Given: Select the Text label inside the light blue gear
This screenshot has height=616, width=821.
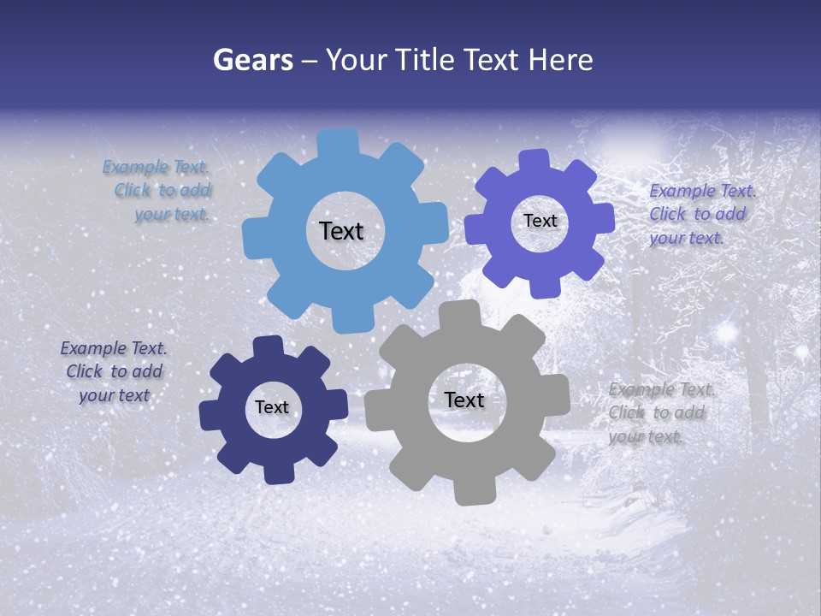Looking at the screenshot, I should coord(341,231).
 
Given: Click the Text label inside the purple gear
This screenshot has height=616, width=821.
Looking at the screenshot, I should coord(540,221).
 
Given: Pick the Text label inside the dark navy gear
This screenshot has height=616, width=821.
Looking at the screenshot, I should coord(272,407).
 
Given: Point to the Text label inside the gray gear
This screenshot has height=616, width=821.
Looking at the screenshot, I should coord(464,400).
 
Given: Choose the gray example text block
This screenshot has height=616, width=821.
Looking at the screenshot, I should coord(660,413).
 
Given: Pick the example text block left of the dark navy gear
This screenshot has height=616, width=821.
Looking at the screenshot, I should coord(114,372).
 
